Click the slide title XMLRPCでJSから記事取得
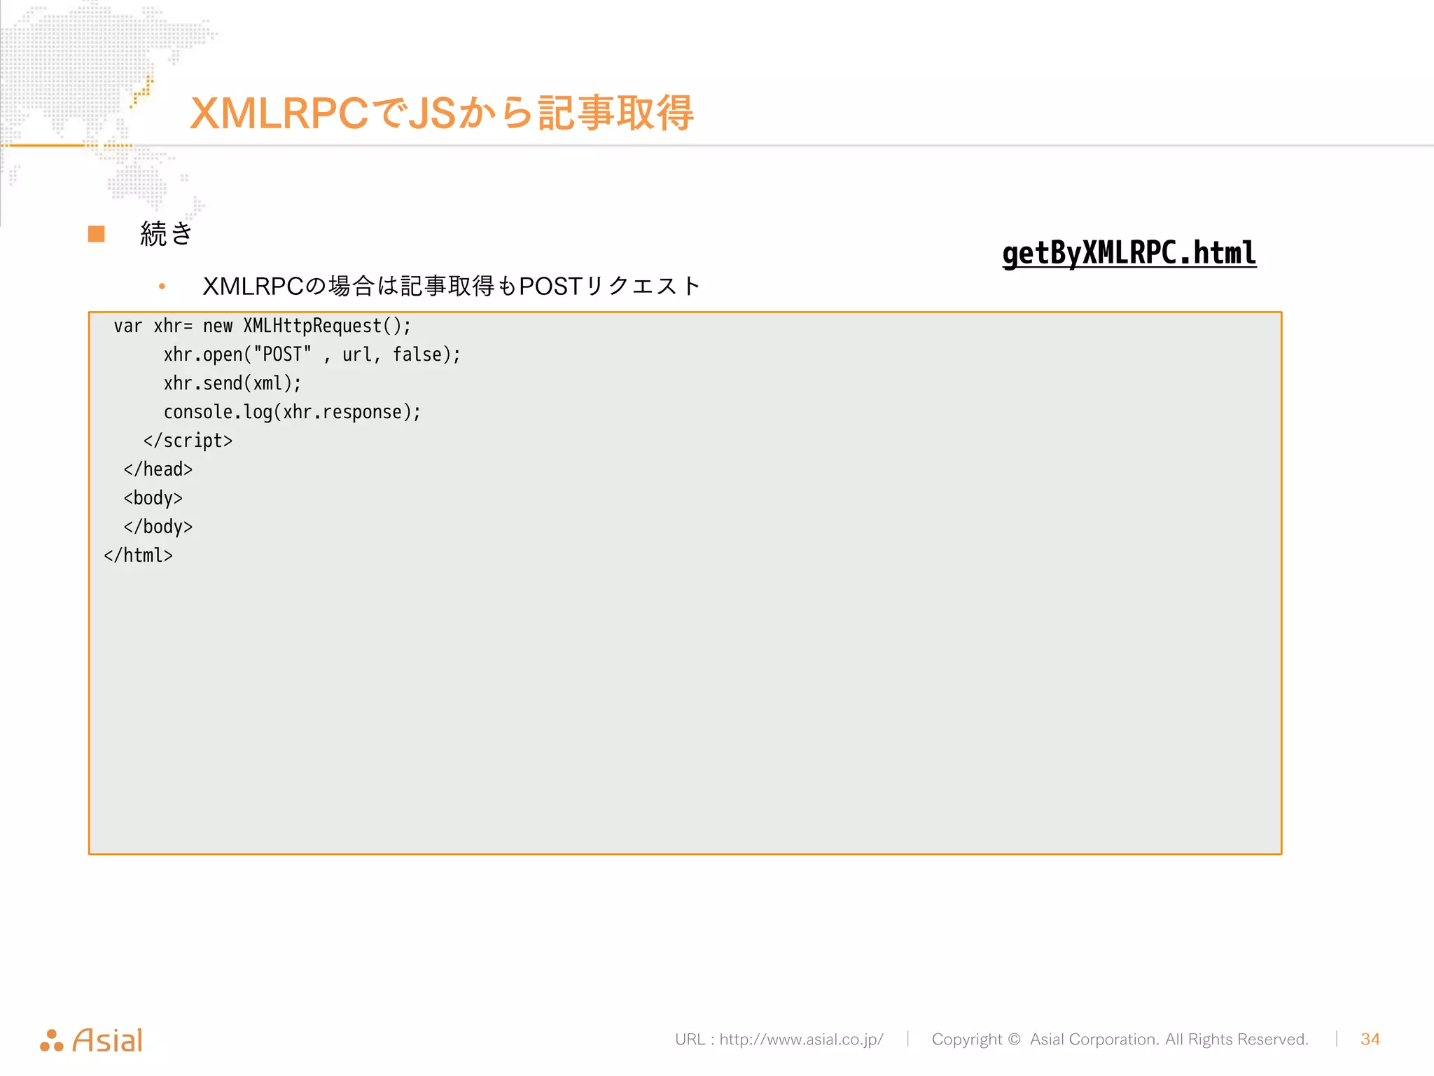coord(441,113)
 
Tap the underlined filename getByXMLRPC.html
coord(1129,253)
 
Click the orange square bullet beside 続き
coord(97,234)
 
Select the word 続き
coord(167,234)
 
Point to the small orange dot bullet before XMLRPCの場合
coord(162,286)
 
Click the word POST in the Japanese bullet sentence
coord(551,286)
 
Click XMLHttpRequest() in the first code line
coord(326,326)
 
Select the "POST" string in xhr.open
coord(282,354)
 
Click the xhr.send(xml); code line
coord(232,383)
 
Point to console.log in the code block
coord(217,412)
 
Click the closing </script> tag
coord(188,441)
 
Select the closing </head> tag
coord(158,469)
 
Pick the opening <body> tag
coord(153,498)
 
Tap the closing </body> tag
coord(158,527)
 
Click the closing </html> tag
coord(138,556)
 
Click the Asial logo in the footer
coord(92,1040)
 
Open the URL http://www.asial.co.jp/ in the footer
coord(801,1039)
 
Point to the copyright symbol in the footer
coord(1014,1039)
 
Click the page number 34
coord(1370,1039)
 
